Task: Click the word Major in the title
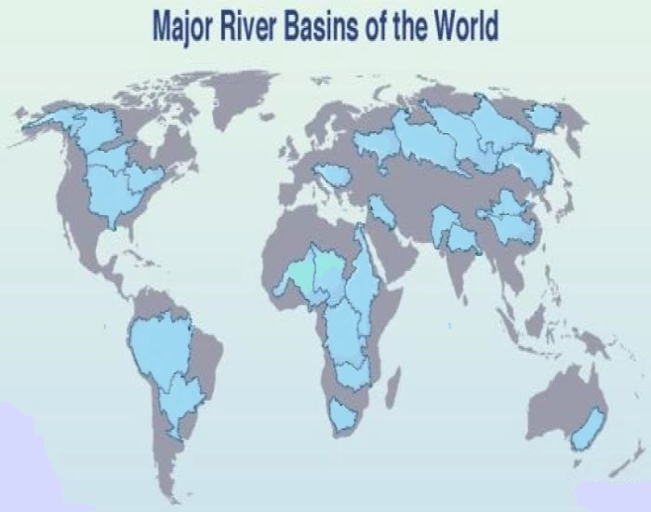click(184, 28)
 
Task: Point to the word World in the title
click(465, 28)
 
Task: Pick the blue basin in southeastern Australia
click(589, 428)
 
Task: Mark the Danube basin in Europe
click(332, 174)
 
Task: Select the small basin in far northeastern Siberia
click(543, 116)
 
